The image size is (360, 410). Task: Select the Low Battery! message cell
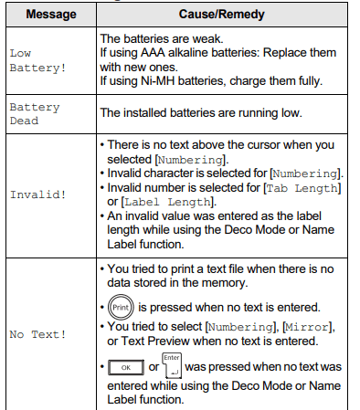[x=33, y=60]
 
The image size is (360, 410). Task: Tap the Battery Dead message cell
[x=35, y=113]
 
